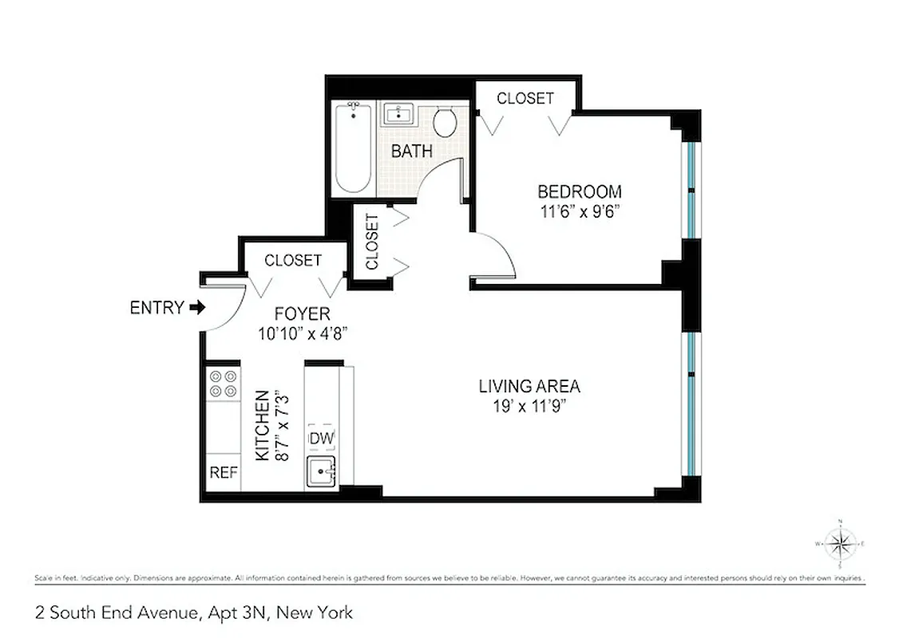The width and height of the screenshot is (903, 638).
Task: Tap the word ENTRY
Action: click(x=156, y=308)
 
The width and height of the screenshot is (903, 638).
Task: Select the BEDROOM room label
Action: click(x=579, y=192)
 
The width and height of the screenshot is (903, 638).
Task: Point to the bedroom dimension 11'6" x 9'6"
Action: click(x=579, y=211)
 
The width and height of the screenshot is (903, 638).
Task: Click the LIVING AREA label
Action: click(x=529, y=387)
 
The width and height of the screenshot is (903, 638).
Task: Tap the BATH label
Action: click(x=412, y=151)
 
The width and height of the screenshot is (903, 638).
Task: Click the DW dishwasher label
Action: click(x=321, y=438)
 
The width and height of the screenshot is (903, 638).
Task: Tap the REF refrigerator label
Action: click(x=224, y=472)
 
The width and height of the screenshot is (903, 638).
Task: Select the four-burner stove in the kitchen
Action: click(x=224, y=383)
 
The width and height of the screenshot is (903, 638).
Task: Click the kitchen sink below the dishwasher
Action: click(x=320, y=472)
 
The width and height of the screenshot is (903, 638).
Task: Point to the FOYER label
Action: click(x=302, y=314)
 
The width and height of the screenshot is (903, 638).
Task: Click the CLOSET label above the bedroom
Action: click(x=525, y=98)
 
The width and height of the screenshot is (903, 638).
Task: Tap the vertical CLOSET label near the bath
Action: click(x=371, y=241)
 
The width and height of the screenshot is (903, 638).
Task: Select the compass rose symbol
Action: click(x=840, y=544)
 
